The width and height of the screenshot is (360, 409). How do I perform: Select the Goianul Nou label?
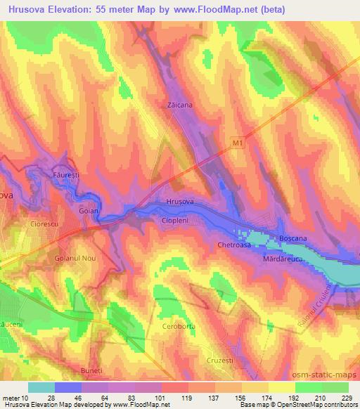coord(75,259)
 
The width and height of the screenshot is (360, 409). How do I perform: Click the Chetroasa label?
coord(234,245)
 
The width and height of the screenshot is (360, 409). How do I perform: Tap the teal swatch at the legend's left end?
coord(41,387)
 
